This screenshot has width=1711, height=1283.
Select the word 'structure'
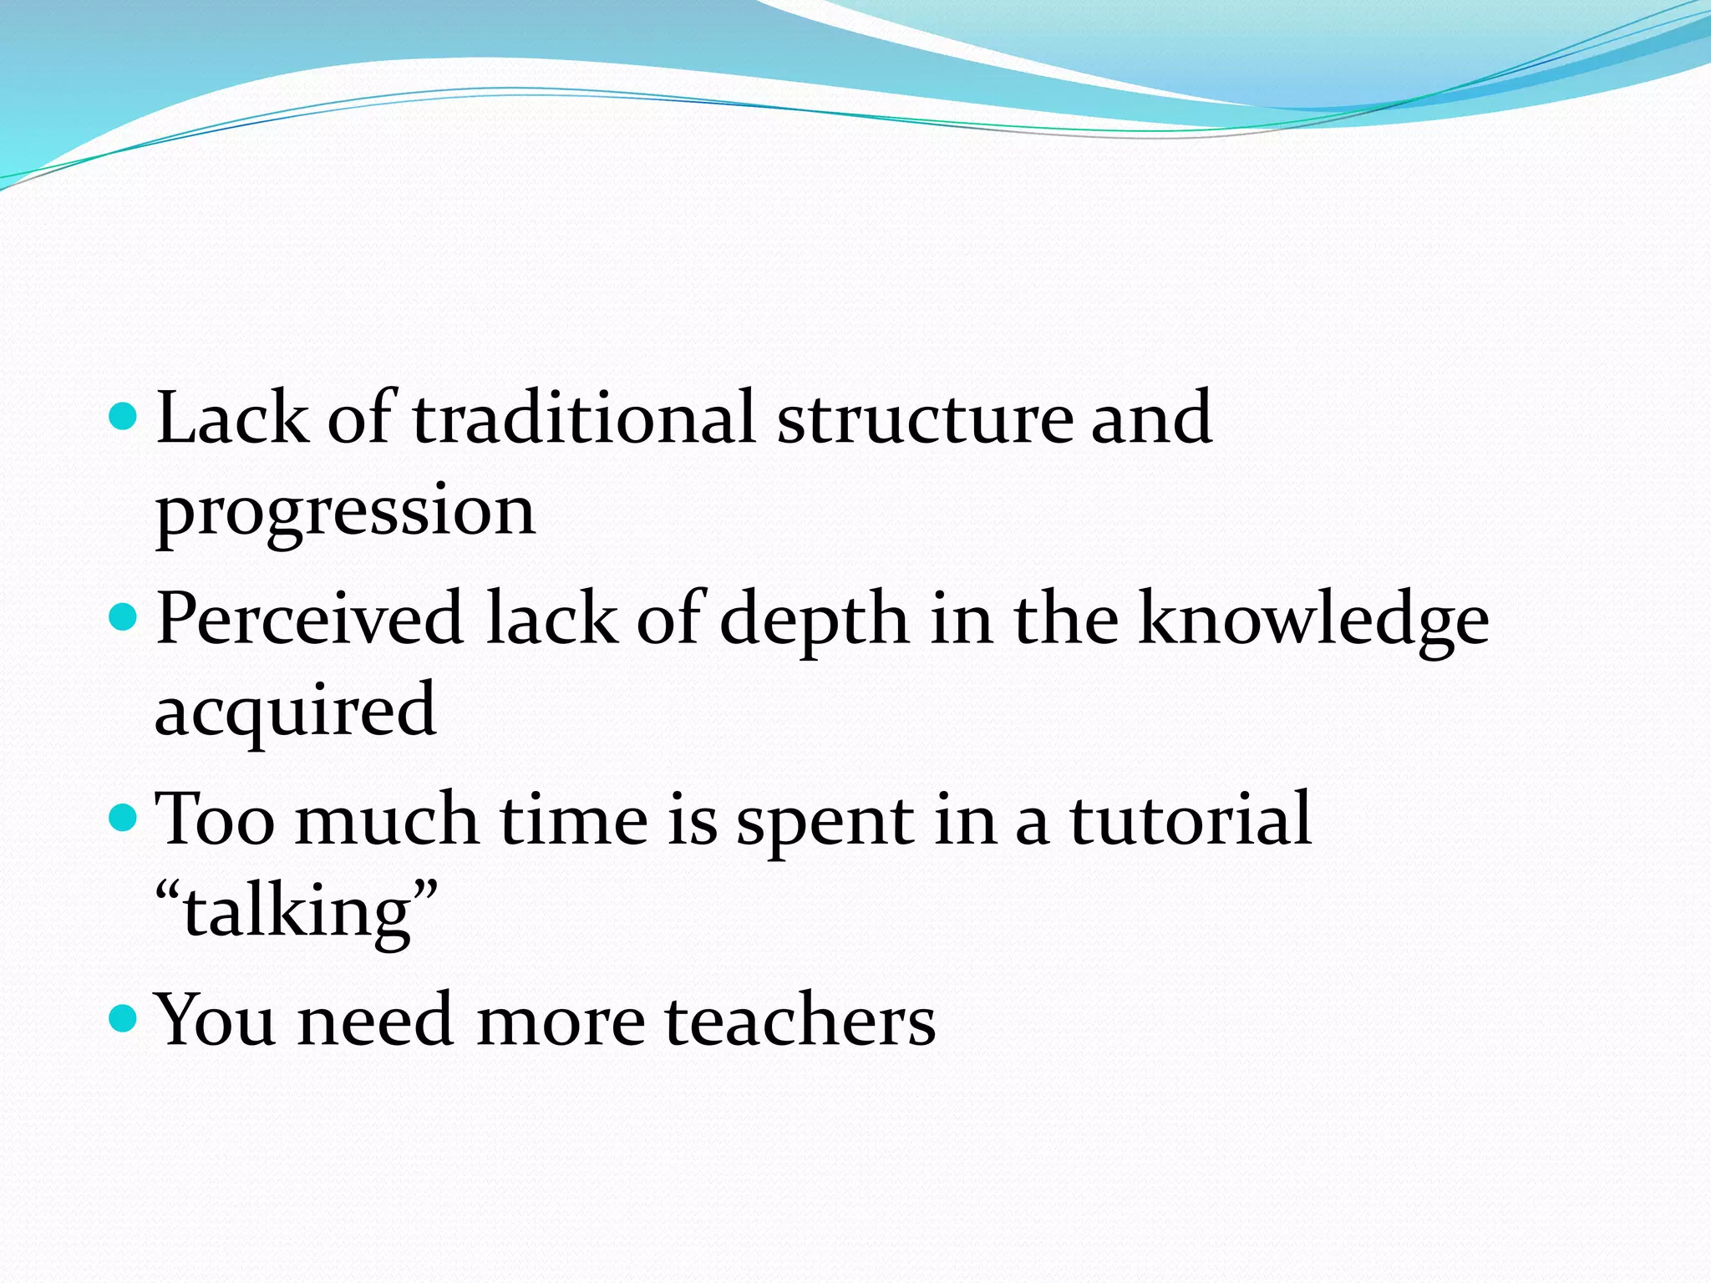[924, 420]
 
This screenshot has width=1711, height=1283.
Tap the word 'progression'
[345, 511]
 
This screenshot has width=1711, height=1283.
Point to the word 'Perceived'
[309, 619]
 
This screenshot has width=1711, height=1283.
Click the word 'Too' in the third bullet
[215, 820]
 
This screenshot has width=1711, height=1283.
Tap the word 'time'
[573, 820]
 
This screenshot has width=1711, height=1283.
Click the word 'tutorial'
[1191, 820]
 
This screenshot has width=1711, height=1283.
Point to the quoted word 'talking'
[297, 913]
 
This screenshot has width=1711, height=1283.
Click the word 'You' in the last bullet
[216, 1020]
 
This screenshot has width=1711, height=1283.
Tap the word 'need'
[375, 1022]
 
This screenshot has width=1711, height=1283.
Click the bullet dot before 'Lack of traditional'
[122, 415]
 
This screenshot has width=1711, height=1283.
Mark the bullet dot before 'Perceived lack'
[122, 616]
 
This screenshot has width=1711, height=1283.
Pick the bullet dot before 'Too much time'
[122, 817]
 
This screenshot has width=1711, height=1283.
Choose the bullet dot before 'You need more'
[122, 1017]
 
